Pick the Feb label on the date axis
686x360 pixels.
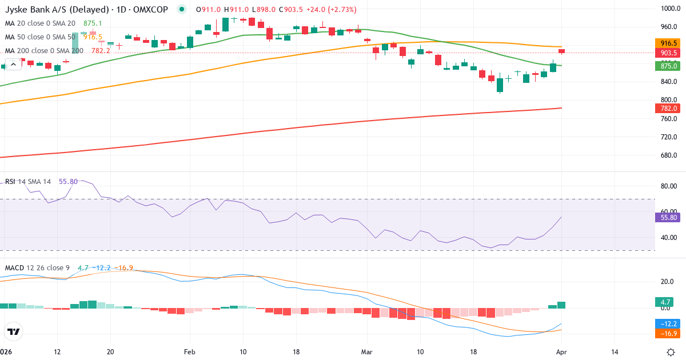(x=189, y=352)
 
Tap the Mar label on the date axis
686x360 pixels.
(x=366, y=352)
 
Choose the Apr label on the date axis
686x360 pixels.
(x=561, y=352)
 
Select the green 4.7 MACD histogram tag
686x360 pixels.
(x=666, y=302)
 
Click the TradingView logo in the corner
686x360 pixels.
(x=14, y=331)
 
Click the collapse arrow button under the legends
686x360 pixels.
(x=13, y=64)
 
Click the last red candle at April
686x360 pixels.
(x=561, y=51)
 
